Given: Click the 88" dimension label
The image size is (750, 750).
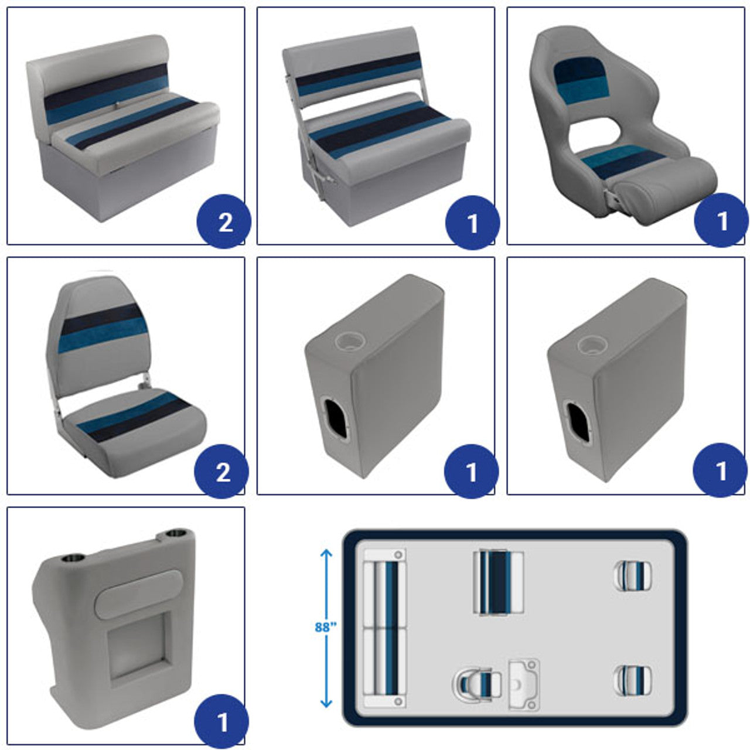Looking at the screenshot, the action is [x=325, y=627].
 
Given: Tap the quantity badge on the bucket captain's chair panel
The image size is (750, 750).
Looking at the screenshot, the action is [x=721, y=220].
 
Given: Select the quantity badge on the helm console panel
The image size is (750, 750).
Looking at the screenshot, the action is [x=221, y=721].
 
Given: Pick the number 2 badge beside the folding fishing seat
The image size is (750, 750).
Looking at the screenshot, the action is [x=221, y=471].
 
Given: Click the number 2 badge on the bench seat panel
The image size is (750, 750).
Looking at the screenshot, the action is [x=224, y=221].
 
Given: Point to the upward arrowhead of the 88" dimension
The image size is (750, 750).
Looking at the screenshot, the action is [x=326, y=553].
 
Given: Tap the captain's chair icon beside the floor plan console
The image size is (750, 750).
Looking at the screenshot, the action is [x=476, y=684].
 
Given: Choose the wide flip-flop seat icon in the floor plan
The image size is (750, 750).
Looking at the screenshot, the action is [x=498, y=582].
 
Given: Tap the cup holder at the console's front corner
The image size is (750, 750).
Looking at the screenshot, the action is [x=73, y=560].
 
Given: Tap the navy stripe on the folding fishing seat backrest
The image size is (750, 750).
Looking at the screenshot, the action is [x=102, y=319].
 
